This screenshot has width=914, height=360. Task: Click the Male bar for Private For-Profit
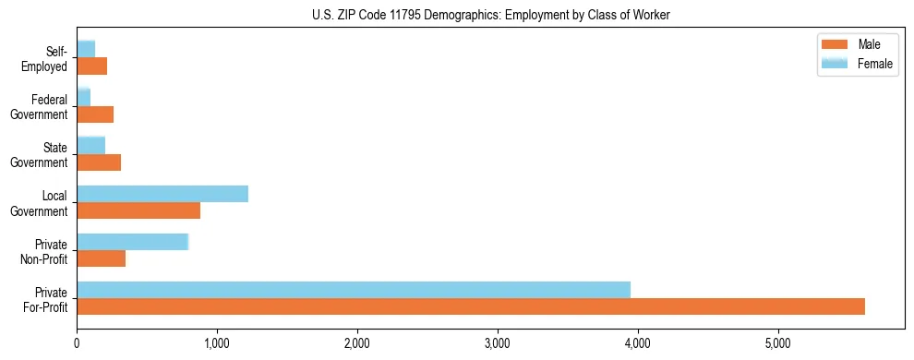[x=471, y=306]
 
